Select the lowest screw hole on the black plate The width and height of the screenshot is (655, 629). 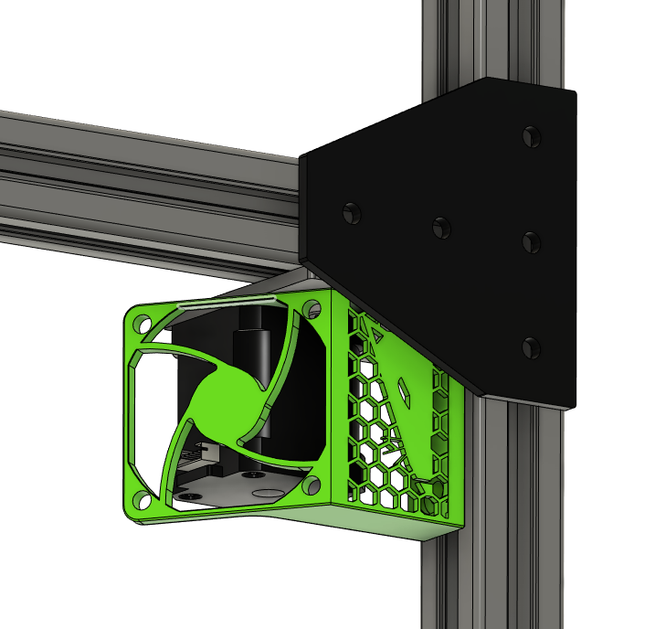tap(531, 347)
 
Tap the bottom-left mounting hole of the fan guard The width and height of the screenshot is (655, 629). tap(142, 499)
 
